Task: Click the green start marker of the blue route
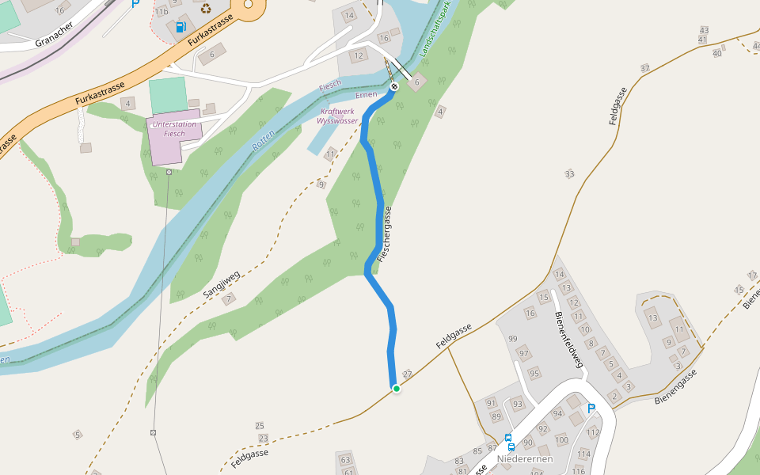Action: (x=396, y=388)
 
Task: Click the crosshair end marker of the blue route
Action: (x=393, y=86)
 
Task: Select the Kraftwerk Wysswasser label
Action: (x=337, y=116)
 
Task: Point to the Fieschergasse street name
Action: (x=385, y=235)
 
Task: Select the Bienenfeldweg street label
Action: (x=570, y=340)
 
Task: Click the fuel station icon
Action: (x=181, y=28)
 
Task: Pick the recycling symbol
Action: (x=206, y=9)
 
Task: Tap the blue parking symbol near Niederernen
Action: (x=591, y=408)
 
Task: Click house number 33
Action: (x=569, y=173)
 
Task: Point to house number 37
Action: (x=644, y=68)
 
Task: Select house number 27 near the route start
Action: (x=408, y=374)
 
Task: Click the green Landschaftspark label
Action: (x=435, y=32)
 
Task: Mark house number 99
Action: (x=512, y=339)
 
